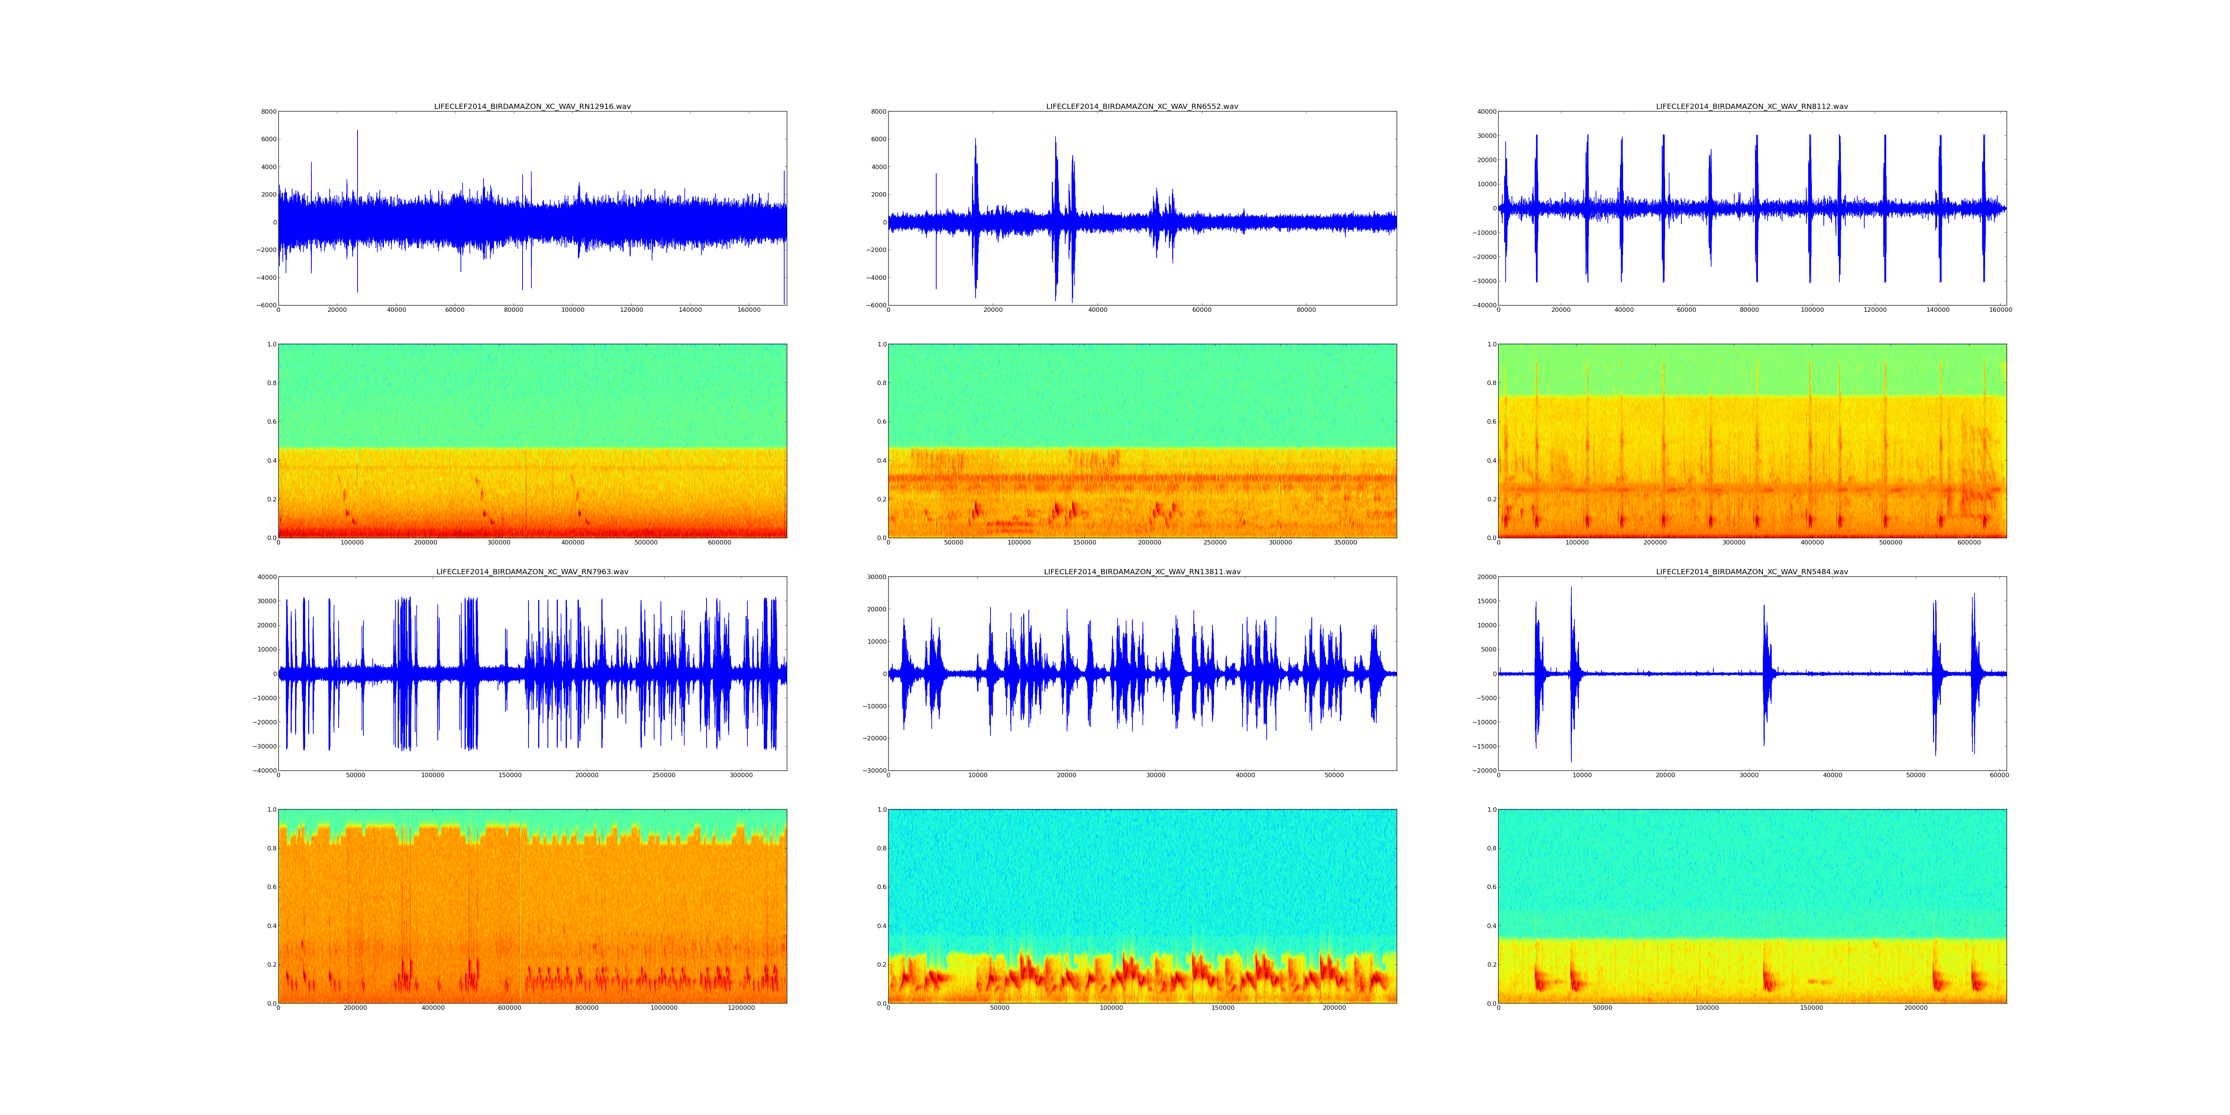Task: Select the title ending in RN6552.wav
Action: (x=1142, y=106)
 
